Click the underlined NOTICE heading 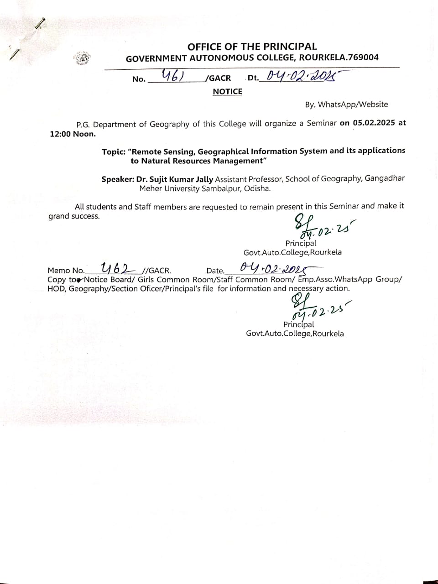[x=227, y=92]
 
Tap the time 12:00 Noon [x=73, y=134]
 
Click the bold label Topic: [x=114, y=151]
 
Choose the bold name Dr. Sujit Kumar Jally [x=175, y=179]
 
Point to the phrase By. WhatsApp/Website [x=346, y=104]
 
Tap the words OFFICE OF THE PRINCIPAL [x=252, y=46]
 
